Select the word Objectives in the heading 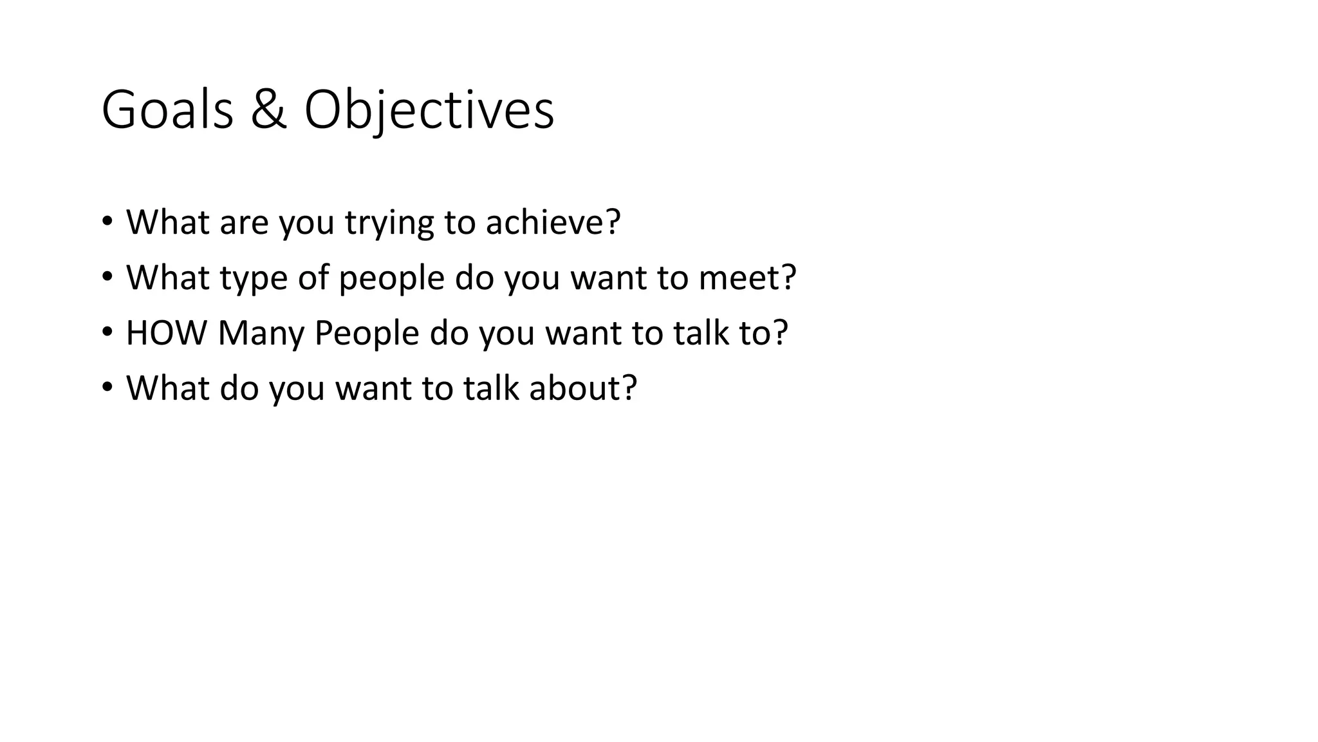pyautogui.click(x=429, y=110)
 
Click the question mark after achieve pyautogui.click(x=613, y=222)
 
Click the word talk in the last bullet pyautogui.click(x=490, y=388)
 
